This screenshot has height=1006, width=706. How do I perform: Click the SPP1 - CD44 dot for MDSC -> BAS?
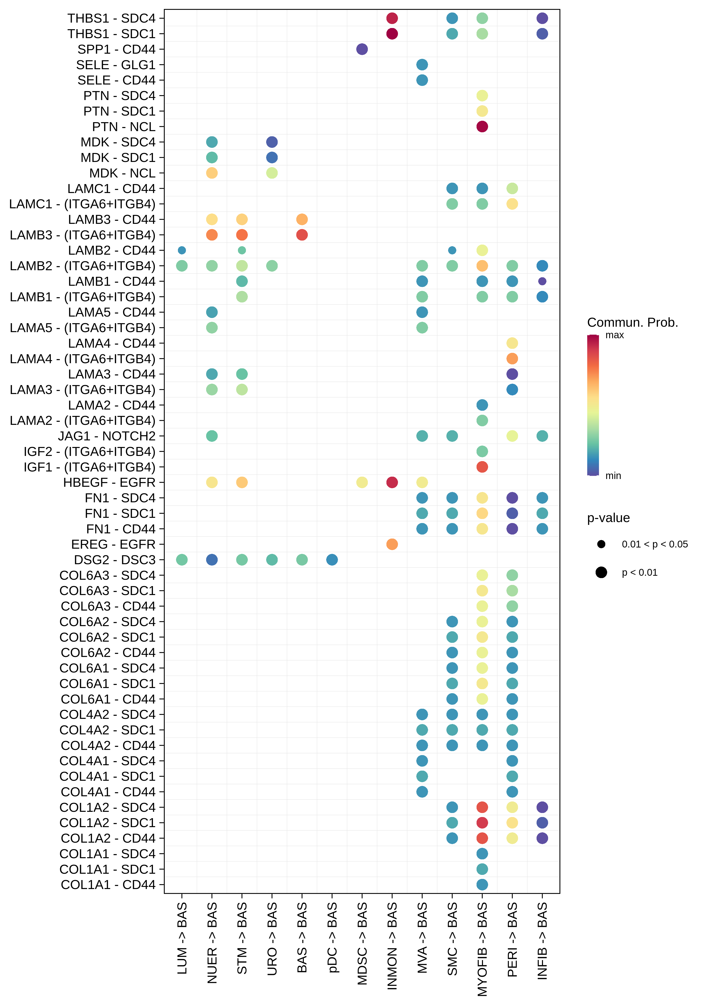(362, 49)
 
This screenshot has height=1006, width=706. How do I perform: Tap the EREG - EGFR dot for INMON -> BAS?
(392, 544)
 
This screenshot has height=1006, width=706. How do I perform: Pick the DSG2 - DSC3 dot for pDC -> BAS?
(332, 559)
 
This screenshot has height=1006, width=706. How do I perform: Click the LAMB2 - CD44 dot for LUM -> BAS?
(182, 250)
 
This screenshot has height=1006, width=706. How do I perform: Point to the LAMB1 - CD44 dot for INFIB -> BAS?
(542, 281)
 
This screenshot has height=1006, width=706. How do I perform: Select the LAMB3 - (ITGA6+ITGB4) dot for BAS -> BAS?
(302, 235)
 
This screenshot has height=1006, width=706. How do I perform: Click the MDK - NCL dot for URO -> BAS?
(272, 173)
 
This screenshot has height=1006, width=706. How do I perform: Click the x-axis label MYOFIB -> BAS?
(482, 949)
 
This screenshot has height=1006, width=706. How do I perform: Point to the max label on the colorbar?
(614, 335)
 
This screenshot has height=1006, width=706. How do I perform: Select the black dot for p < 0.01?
(601, 572)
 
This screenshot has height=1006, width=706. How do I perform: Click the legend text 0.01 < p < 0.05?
(654, 544)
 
